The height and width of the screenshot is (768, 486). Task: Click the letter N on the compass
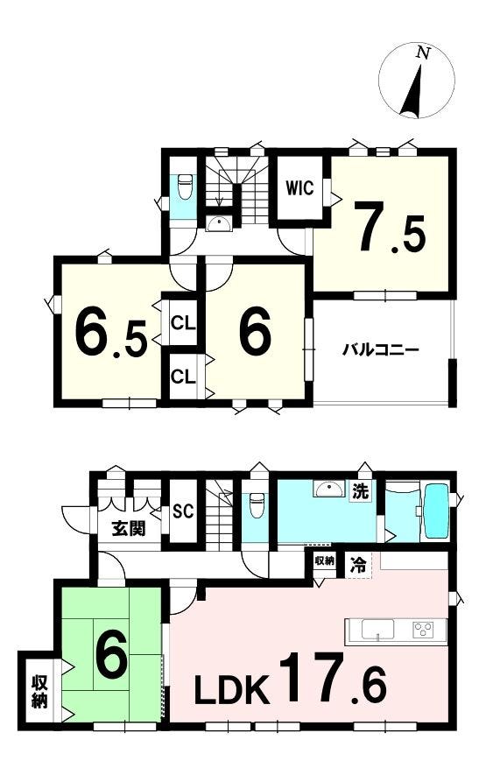coord(423,53)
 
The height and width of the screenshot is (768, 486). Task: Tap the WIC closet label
coord(299,188)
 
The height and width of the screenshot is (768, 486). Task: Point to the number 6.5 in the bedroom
coord(110,332)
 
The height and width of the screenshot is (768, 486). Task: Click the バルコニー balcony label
coord(380,349)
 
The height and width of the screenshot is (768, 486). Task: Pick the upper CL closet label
coord(183,323)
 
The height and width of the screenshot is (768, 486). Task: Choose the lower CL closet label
coord(183,377)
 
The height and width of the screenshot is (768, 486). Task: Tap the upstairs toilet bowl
coord(185,187)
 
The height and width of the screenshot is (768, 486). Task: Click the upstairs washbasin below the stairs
coord(219,224)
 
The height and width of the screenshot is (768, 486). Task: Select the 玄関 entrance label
coord(129,528)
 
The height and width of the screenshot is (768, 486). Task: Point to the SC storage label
coord(183,511)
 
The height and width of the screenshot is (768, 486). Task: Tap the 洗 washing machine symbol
coord(361,491)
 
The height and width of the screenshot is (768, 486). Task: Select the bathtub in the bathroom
coord(436,511)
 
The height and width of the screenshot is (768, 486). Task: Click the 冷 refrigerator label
coord(357,566)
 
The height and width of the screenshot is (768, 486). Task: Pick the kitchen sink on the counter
coord(377,629)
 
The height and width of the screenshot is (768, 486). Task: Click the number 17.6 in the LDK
coord(333,678)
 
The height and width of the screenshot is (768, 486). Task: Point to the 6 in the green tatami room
coord(111,655)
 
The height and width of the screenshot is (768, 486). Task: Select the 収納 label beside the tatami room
coord(39,692)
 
